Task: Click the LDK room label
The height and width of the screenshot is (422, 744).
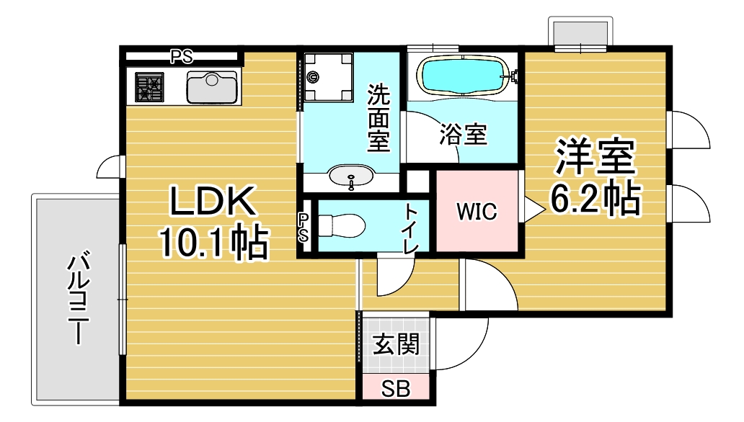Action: (x=213, y=203)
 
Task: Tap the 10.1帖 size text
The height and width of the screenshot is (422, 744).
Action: (x=213, y=243)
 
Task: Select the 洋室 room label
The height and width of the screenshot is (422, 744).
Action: (x=595, y=158)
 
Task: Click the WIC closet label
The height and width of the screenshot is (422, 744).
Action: (x=477, y=212)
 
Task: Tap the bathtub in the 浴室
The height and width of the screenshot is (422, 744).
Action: (x=462, y=75)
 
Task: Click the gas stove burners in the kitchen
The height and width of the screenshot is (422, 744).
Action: (x=150, y=87)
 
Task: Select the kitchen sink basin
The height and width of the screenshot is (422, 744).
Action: (x=211, y=87)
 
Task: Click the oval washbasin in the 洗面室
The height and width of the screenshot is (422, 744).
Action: (x=351, y=176)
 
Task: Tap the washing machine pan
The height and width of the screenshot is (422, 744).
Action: (x=327, y=78)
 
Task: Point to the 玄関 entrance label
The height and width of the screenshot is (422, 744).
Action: (x=396, y=346)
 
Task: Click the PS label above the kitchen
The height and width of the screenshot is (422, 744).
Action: (x=181, y=56)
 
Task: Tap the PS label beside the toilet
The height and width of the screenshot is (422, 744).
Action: (x=304, y=227)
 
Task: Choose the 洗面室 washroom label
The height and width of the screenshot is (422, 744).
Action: (x=378, y=118)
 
